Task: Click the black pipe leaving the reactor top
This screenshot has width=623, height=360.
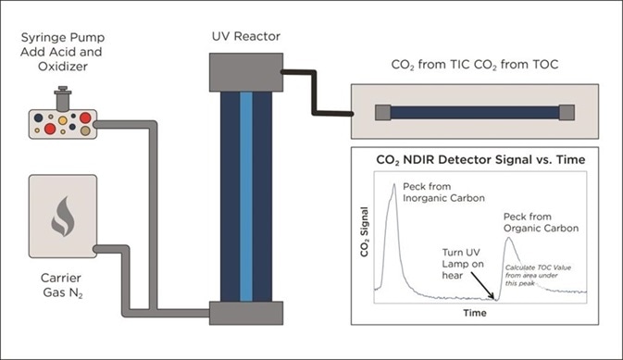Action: [x=315, y=93]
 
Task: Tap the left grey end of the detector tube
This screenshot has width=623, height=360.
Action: [x=381, y=113]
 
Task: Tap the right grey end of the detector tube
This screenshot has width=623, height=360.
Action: [x=567, y=113]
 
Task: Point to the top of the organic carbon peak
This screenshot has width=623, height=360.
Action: [x=509, y=238]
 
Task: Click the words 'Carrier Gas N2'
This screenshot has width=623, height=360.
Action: [x=62, y=284]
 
